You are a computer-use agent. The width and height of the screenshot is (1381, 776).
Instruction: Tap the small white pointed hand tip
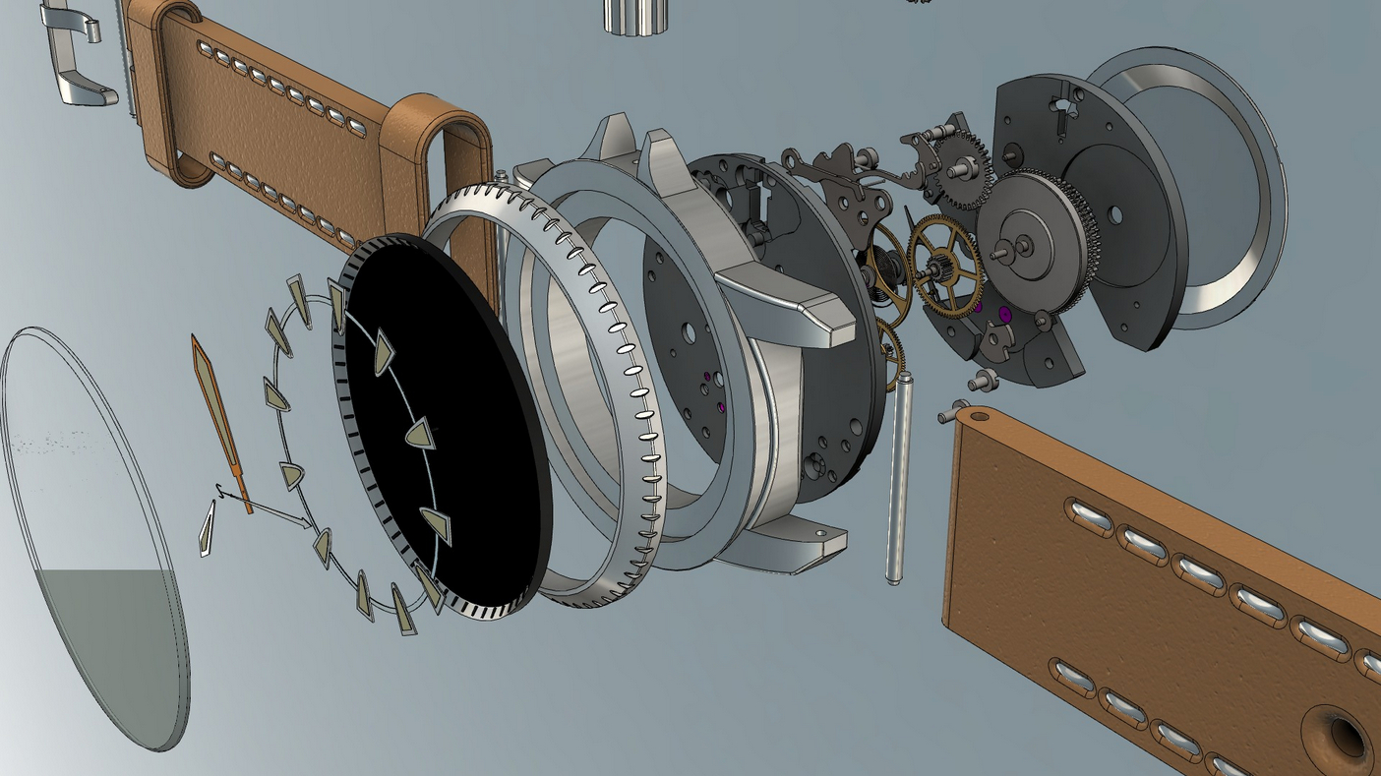click(x=207, y=529)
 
